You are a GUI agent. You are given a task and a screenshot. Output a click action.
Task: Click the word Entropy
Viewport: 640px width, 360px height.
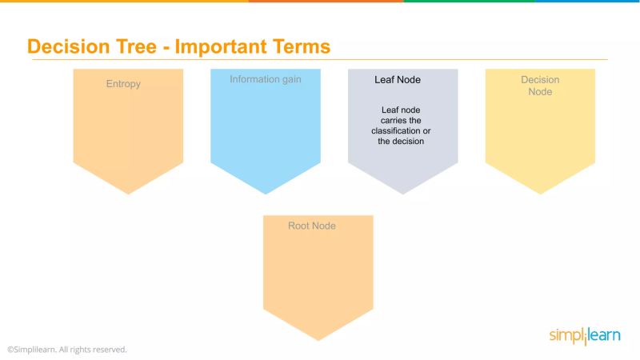[123, 84]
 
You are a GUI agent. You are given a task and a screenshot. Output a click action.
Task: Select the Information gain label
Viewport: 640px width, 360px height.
[266, 79]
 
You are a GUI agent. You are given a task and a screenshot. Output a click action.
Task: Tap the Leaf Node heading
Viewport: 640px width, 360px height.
[398, 80]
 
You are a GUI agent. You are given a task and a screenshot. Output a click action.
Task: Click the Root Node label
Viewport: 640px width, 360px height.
[312, 226]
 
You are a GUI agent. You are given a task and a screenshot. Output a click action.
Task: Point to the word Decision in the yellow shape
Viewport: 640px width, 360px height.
[540, 80]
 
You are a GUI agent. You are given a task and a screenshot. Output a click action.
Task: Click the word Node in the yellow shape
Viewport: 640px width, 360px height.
[540, 92]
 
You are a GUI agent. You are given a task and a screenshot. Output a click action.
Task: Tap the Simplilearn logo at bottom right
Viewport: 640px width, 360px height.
[584, 335]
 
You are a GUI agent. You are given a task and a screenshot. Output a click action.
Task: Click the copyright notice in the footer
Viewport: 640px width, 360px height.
[67, 350]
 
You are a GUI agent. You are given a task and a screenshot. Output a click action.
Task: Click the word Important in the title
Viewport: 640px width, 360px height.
[220, 46]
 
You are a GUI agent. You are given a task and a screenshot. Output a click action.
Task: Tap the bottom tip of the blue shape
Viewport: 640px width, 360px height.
[266, 193]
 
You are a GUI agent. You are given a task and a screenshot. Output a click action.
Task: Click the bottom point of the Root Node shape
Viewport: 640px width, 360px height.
[318, 339]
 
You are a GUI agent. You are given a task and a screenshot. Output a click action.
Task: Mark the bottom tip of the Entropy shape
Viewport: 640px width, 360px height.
[128, 193]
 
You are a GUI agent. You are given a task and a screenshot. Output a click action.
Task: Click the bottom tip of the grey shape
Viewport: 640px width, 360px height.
[402, 193]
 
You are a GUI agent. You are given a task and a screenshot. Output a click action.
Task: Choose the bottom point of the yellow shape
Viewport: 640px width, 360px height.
[540, 193]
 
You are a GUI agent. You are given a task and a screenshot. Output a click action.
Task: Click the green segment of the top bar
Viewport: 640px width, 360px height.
[468, 2]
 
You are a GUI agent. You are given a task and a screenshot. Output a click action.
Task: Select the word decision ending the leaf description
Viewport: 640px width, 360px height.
[407, 141]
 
